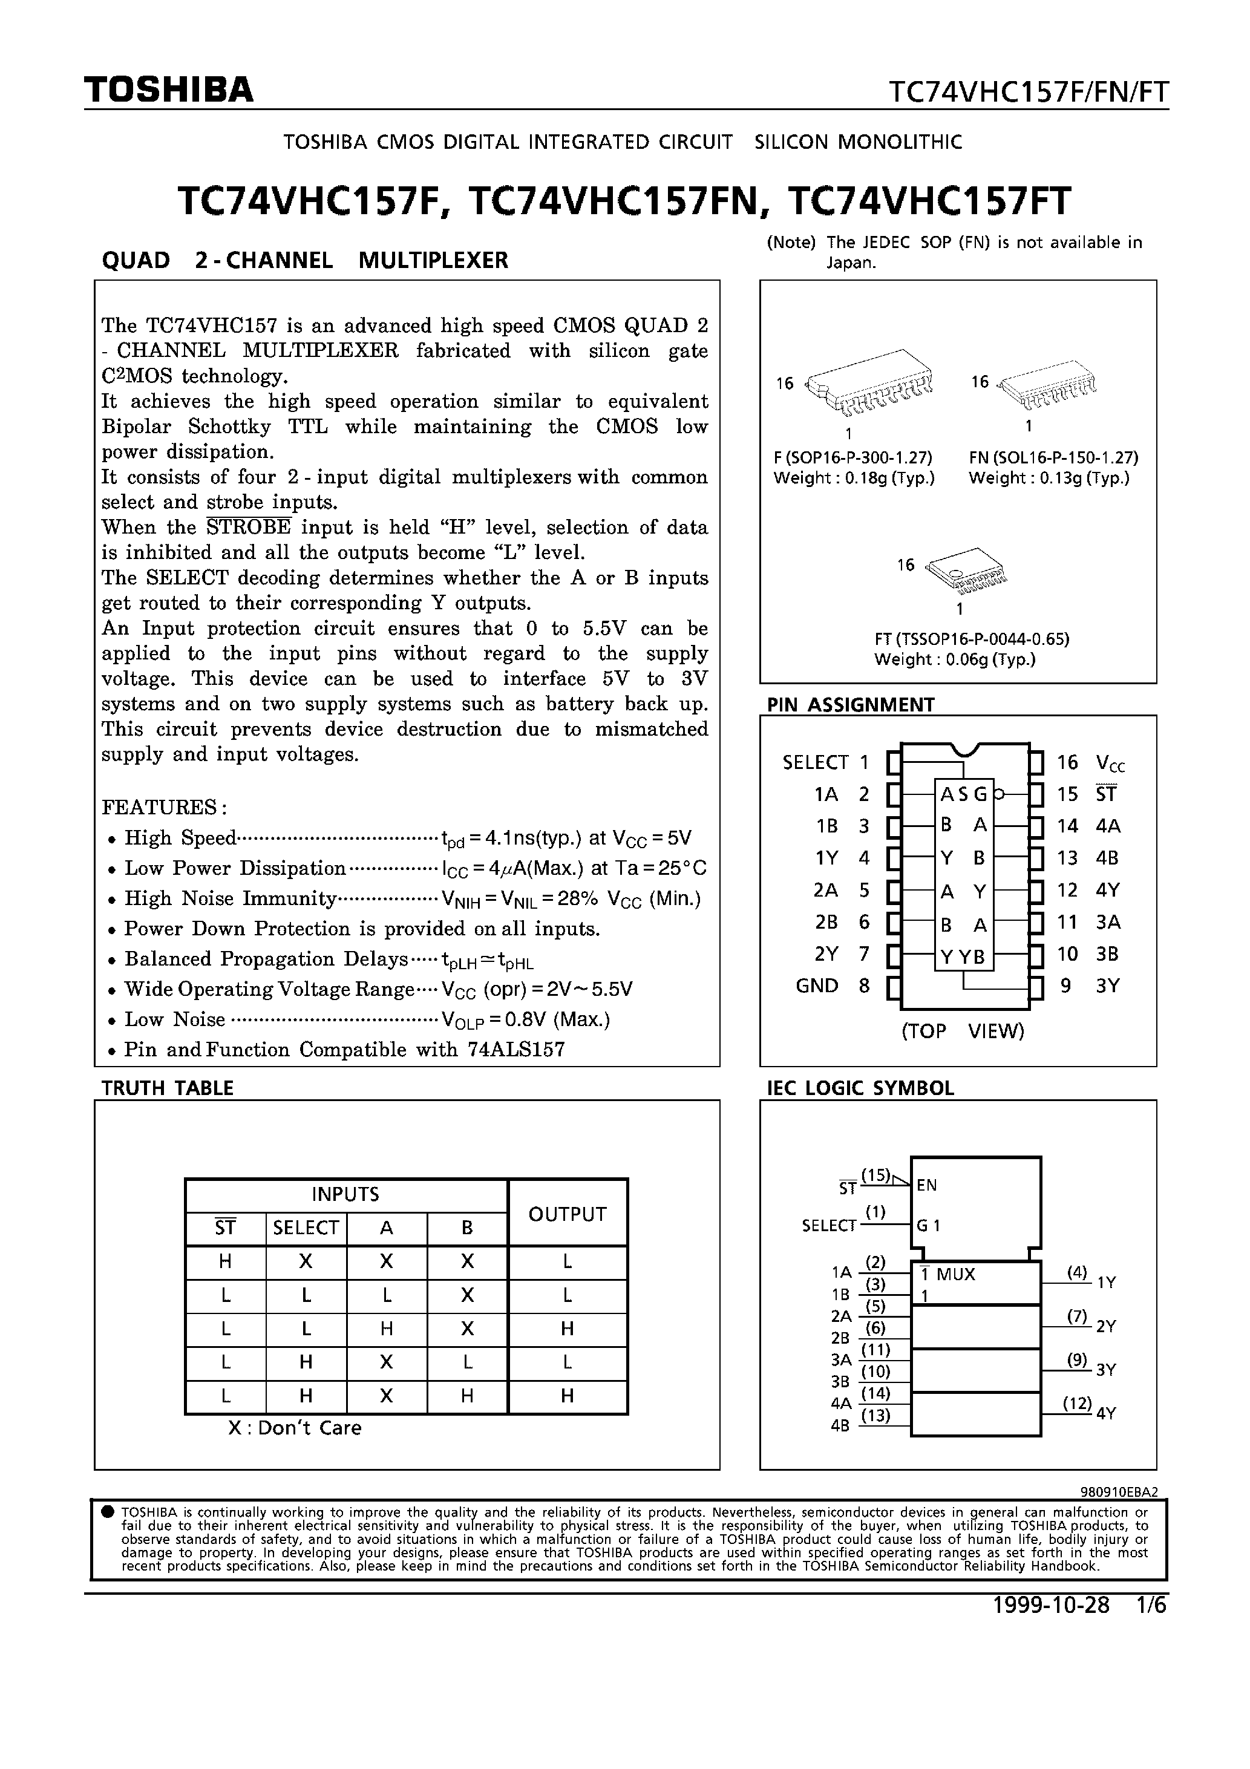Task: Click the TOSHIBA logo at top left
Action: (x=169, y=91)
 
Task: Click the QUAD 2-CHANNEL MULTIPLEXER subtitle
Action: (x=304, y=260)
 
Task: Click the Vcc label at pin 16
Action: (x=1110, y=763)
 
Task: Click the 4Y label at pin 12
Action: (x=1107, y=891)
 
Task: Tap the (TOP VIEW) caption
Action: (x=963, y=1031)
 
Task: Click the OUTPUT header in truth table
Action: (x=567, y=1214)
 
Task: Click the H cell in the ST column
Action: (x=226, y=1262)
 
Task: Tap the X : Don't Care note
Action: (x=295, y=1428)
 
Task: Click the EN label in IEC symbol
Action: (x=926, y=1186)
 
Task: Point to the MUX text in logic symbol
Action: (x=955, y=1274)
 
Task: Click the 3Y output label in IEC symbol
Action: (x=1106, y=1370)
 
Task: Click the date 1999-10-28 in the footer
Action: (x=1051, y=1606)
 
